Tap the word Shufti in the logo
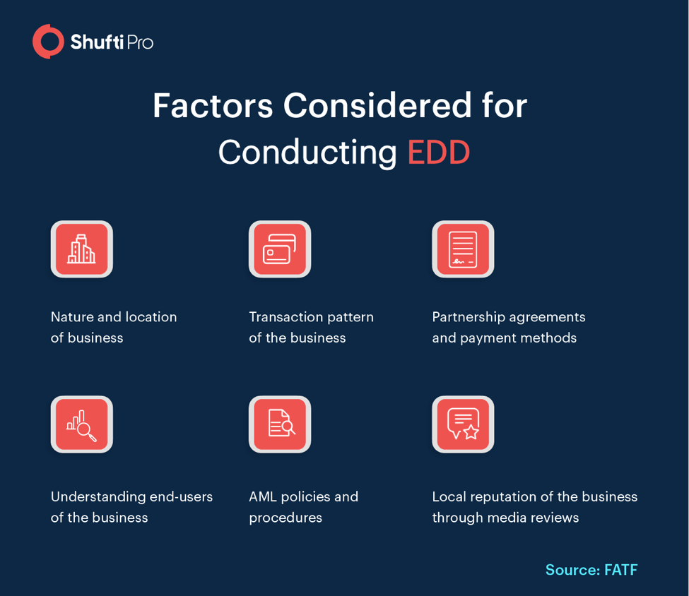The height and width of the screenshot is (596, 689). tap(97, 42)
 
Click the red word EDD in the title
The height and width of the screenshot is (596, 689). tap(439, 153)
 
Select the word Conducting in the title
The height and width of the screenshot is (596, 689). tap(307, 153)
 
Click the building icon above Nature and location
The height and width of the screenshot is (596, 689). tap(82, 249)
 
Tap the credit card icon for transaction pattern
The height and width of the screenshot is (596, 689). tap(280, 249)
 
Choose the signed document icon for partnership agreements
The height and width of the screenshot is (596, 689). tap(463, 249)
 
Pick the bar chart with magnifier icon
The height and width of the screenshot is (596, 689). tap(82, 424)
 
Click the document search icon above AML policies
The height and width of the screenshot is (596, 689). tap(280, 424)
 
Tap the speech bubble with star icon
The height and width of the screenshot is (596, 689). tap(463, 424)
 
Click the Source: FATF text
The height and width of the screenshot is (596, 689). tap(591, 570)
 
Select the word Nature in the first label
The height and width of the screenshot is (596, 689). tap(72, 316)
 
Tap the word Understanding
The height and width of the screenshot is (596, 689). tap(98, 497)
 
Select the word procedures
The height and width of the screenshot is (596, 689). tap(285, 518)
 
